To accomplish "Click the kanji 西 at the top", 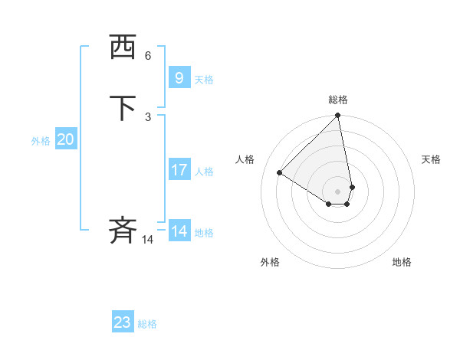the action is tap(123, 48).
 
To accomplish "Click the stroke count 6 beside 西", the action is tap(148, 56).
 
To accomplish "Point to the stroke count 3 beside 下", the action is tap(148, 116).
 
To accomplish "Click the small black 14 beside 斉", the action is tap(147, 240).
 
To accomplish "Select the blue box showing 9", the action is tap(179, 77).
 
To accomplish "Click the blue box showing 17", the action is tap(179, 170).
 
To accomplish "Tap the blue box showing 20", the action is tap(66, 139).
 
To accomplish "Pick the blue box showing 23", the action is tap(123, 322).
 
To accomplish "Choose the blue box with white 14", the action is tap(179, 231).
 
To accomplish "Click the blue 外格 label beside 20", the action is tap(41, 141).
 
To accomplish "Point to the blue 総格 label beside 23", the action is tap(147, 324).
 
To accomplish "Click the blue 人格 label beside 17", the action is tap(204, 172).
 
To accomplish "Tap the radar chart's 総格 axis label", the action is tap(338, 100).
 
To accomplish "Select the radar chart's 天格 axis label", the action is tap(432, 159).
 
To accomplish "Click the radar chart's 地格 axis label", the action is tap(402, 262).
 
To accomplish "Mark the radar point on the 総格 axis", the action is tap(338, 116).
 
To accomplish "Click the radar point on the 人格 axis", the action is tap(280, 173).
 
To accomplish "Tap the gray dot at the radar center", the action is tap(338, 191).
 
